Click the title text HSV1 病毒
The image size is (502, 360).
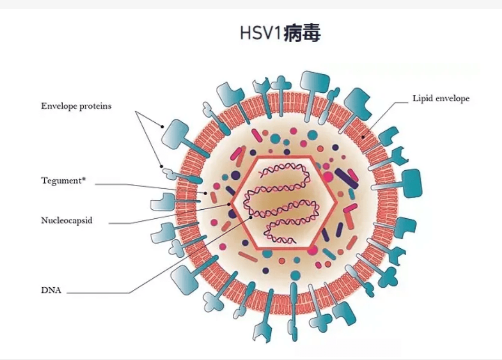point(280,33)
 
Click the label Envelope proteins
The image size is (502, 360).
point(76,106)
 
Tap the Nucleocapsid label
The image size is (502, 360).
point(66,220)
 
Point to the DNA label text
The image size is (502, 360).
point(51,290)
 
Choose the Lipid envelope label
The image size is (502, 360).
point(441,99)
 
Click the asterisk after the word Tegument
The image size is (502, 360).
point(84,179)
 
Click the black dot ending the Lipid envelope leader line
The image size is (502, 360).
point(363,138)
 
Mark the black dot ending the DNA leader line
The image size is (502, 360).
point(251,218)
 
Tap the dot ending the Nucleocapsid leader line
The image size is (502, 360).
point(229,204)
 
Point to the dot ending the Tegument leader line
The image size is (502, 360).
point(205,193)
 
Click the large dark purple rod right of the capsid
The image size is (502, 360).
point(346,178)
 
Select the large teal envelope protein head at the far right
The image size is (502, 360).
point(412,183)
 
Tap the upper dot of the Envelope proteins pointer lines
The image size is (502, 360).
point(162,127)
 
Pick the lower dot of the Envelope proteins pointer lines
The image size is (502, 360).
point(162,167)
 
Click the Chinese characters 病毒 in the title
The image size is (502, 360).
point(302,33)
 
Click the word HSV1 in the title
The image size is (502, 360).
point(261,33)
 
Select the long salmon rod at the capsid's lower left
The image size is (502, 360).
point(248,257)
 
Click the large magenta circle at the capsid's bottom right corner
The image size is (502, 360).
point(312,250)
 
